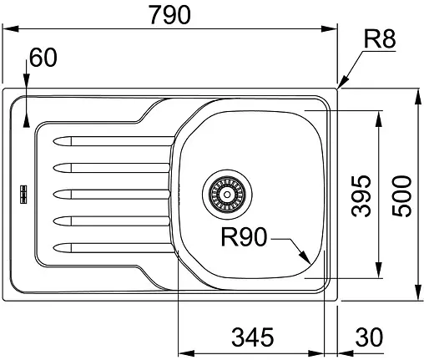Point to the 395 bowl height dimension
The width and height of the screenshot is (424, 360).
point(360,195)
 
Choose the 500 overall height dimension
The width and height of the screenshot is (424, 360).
point(402,195)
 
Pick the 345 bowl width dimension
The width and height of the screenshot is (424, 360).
point(252,337)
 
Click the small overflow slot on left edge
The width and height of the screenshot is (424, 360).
point(23,194)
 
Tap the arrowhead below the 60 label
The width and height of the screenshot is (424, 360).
point(27,82)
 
